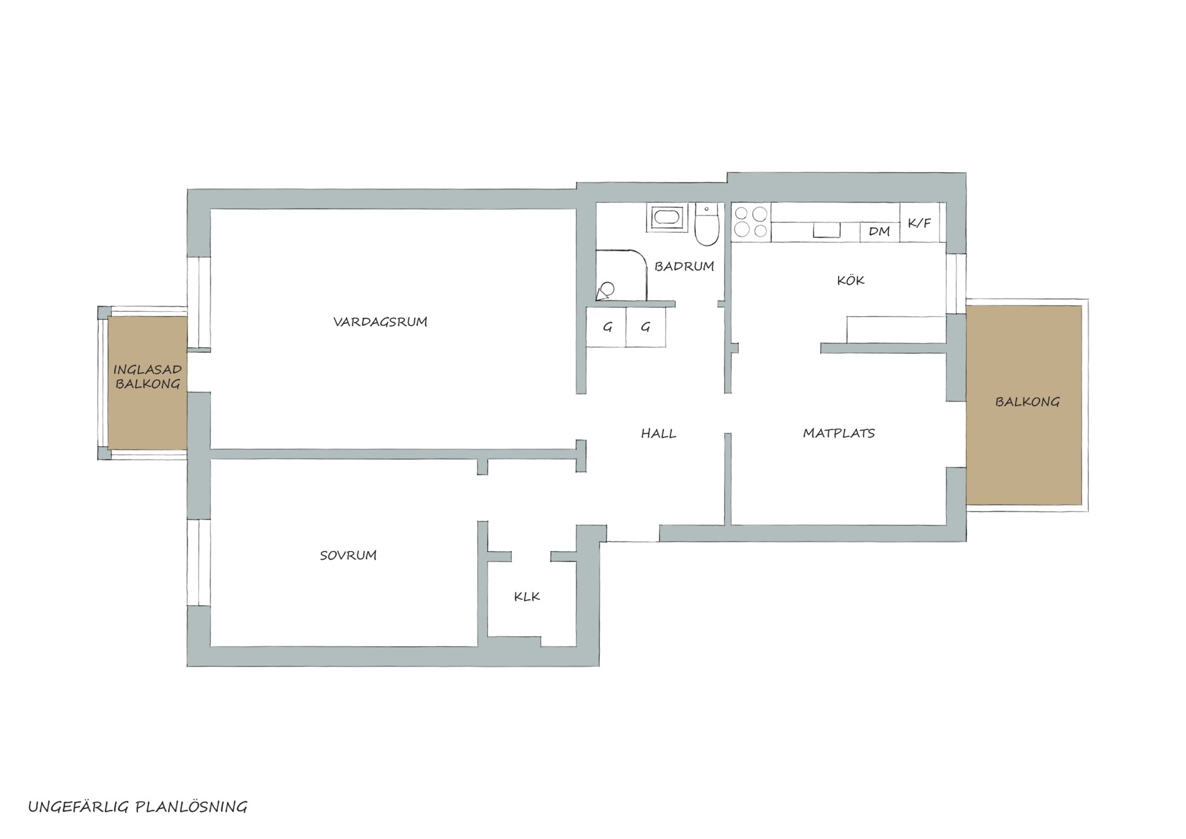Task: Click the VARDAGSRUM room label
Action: tap(380, 322)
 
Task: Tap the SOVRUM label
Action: tap(348, 555)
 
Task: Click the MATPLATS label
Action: tap(839, 433)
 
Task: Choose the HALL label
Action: tap(658, 433)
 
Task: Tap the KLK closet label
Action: tap(527, 596)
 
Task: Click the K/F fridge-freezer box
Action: tap(920, 222)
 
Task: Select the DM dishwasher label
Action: tap(879, 232)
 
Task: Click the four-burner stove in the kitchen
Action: tap(751, 222)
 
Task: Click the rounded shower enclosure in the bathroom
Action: tap(621, 275)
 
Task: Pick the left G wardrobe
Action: tap(606, 327)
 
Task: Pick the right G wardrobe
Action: tap(646, 327)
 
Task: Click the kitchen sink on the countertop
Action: tap(827, 230)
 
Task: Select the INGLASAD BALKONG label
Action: tap(147, 377)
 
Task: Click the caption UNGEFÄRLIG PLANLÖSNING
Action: tap(138, 807)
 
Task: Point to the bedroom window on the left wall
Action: tap(198, 563)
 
